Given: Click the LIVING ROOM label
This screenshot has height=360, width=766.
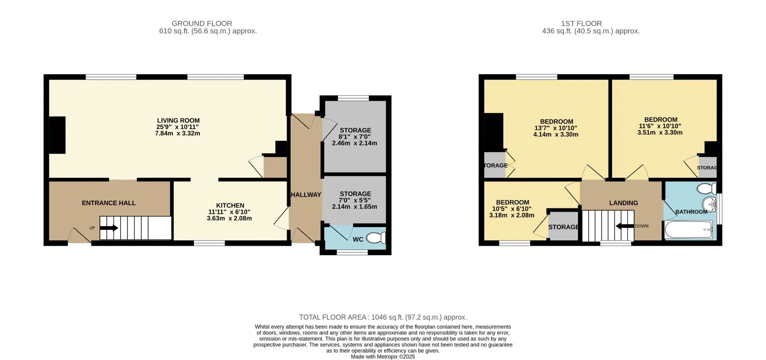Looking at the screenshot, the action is point(178,120).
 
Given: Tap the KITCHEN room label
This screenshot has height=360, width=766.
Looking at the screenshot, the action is point(230,205).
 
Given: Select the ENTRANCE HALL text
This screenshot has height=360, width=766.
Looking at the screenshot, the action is point(109,203).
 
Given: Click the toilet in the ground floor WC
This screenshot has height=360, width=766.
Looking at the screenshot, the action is point(376,238).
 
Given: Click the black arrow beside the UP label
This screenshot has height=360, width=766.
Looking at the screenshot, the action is point(109,228).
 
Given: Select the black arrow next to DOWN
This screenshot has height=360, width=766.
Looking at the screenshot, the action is point(625,226).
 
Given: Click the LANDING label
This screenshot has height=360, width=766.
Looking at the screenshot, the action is point(623,203).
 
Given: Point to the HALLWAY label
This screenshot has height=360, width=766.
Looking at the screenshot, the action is point(306,194).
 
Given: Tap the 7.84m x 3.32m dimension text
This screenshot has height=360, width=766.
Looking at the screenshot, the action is point(177,133).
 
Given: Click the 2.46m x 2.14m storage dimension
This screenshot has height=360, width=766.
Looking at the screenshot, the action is point(355,143).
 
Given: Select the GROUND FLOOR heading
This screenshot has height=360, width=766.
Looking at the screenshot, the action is point(202,23).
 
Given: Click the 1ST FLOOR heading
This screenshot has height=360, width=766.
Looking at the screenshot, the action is point(581,23).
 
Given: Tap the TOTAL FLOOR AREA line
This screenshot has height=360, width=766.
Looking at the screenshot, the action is point(383,317).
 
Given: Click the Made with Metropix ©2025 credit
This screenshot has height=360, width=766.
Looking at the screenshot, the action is point(383,356).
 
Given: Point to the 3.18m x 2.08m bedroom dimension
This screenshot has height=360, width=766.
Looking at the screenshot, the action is point(512,216).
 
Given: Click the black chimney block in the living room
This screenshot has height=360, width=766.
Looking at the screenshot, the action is point(57,135).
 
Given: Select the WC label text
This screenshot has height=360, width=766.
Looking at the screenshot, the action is point(358,239).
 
